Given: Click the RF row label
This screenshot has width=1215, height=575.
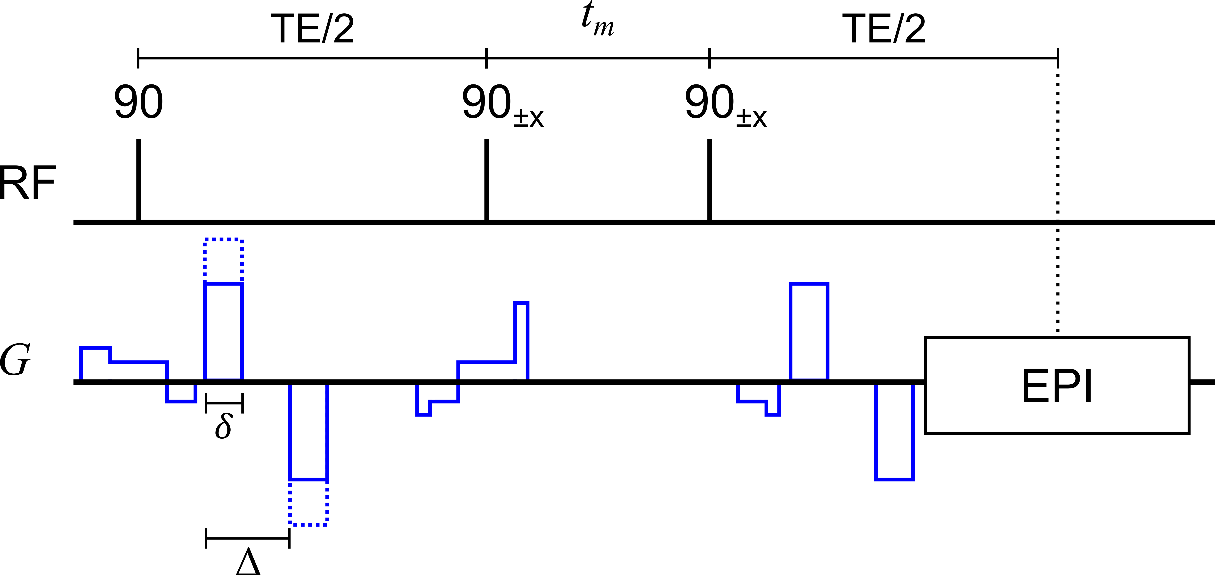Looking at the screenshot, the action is click(27, 183).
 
